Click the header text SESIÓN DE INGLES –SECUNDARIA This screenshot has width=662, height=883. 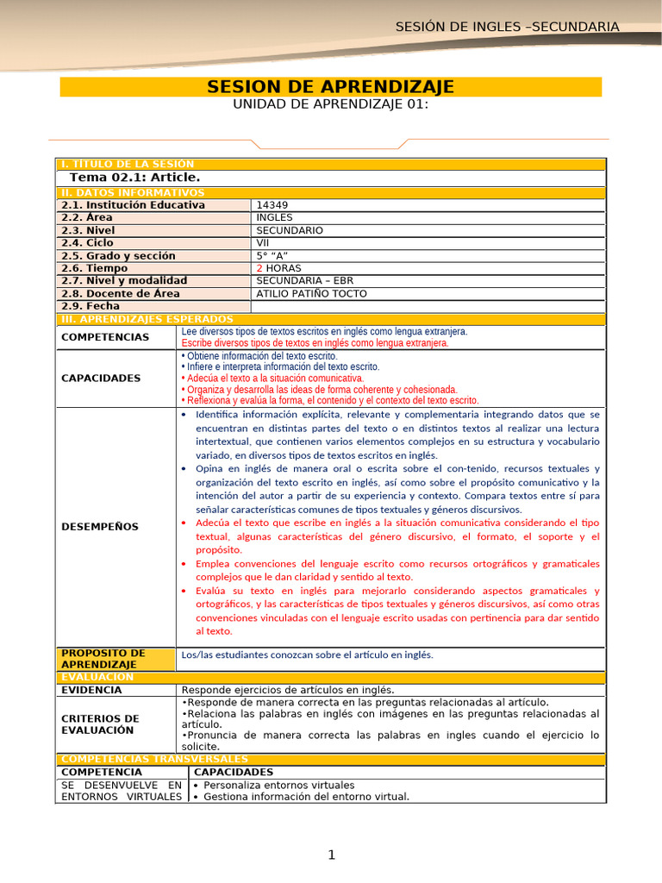[507, 27]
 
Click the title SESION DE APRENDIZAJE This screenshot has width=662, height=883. [331, 87]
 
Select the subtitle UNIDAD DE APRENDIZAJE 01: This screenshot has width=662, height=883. [331, 104]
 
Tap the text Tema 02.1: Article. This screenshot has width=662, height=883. [134, 177]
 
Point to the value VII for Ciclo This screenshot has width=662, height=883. [264, 243]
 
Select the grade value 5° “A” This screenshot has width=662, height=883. [272, 255]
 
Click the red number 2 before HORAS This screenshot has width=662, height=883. [259, 268]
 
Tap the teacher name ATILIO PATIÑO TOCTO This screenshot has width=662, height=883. [311, 293]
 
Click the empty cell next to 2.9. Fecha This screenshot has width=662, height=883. [428, 306]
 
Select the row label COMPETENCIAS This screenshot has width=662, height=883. [106, 337]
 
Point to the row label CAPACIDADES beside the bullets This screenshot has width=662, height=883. [101, 378]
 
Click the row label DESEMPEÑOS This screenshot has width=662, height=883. [100, 526]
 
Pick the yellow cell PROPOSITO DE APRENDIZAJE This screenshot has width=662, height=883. [103, 659]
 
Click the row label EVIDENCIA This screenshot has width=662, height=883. [92, 690]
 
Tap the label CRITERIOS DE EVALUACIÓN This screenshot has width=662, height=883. [101, 724]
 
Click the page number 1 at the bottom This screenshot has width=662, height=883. [331, 855]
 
